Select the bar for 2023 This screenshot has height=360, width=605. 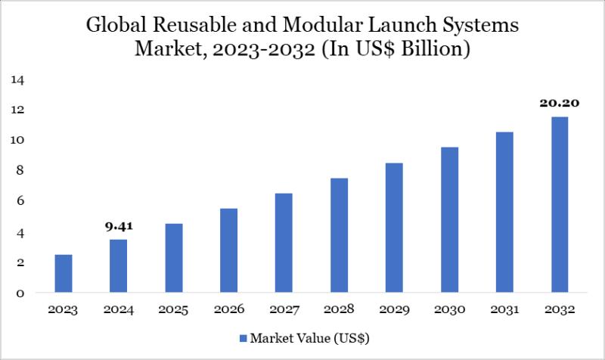pos(64,273)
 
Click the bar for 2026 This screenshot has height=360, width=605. pos(228,250)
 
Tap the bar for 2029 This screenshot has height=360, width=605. pos(394,228)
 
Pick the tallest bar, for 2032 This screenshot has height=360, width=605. pos(559,204)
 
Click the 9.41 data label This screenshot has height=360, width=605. pos(119,225)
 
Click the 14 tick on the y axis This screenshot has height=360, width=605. pos(17,79)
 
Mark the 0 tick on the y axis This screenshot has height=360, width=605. pos(20,293)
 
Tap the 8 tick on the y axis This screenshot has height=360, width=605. pos(20,170)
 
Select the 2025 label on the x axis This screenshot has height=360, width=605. pos(173,310)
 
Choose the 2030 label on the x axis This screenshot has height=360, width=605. pos(449,310)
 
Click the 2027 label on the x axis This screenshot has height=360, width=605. pos(284,310)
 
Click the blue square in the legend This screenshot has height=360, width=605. pos(244,337)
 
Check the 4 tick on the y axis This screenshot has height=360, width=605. pos(20,232)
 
